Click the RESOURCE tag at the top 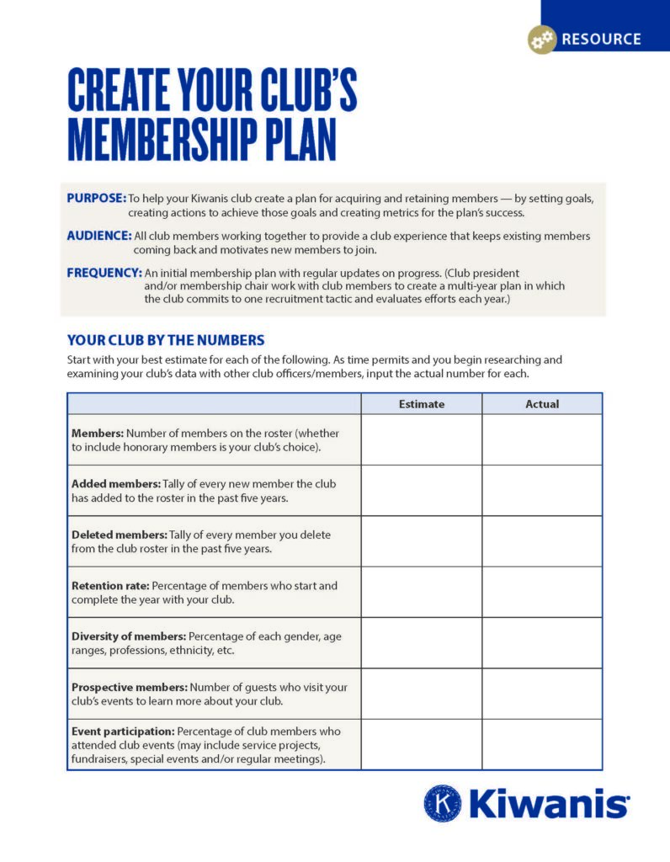[x=601, y=39]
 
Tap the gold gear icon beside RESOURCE [x=542, y=39]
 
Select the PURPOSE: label [x=96, y=198]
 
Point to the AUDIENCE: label [x=99, y=236]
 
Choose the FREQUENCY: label [x=104, y=273]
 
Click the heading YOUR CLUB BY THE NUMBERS [x=166, y=340]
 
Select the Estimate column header [x=421, y=404]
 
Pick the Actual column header [x=542, y=404]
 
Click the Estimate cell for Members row [x=421, y=439]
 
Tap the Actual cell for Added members [x=542, y=490]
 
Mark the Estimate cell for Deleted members [x=421, y=541]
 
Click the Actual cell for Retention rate [x=542, y=592]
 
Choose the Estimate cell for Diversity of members [x=421, y=642]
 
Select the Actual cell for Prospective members [x=542, y=694]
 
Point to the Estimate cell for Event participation [x=421, y=744]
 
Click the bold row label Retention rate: [x=110, y=585]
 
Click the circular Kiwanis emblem [x=442, y=802]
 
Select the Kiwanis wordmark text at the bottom [x=548, y=803]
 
